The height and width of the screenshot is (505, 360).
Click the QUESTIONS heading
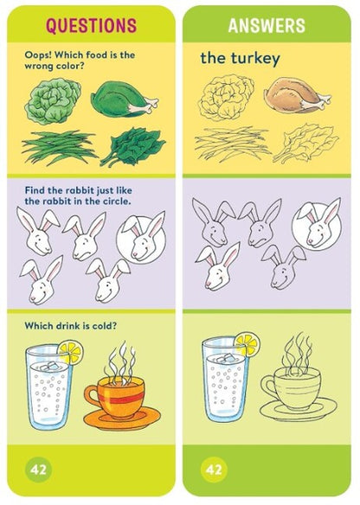pos(91,25)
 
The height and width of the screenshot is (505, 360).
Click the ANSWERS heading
pos(267,25)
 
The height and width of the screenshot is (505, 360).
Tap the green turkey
pos(124,99)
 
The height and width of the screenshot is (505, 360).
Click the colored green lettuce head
pos(53,100)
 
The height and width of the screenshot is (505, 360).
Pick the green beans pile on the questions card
pos(60,147)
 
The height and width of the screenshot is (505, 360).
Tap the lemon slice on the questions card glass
pos(71,353)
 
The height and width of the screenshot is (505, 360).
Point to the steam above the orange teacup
pos(121,362)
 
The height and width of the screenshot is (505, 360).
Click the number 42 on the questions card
pos(38,469)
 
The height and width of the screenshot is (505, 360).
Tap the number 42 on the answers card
pos(214,469)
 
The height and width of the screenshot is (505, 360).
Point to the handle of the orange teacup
pos(92,395)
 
